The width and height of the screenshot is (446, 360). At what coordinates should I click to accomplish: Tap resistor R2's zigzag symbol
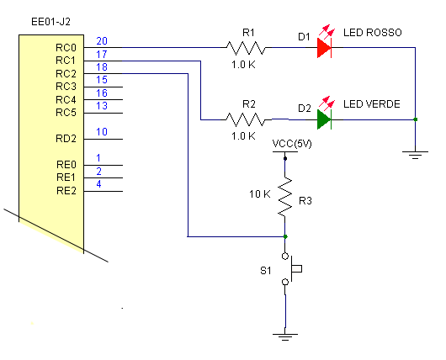point(248,119)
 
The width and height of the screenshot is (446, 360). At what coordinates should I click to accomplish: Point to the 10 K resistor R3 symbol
point(286,196)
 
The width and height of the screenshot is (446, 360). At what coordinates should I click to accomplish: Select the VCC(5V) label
point(293,144)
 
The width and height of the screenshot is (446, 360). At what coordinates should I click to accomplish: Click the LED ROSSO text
point(373,32)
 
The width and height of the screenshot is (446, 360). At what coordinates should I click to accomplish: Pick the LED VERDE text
point(372,103)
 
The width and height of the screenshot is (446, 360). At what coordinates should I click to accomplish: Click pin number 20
point(102,40)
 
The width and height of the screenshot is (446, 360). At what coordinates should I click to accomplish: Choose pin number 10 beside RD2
point(102,131)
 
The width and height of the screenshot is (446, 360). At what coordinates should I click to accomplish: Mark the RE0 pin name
point(66,165)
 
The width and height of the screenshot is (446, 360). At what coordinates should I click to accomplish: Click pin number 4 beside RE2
point(99,183)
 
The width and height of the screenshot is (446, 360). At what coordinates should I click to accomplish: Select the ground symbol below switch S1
point(286,336)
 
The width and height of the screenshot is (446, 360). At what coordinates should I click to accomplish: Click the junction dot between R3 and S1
point(286,236)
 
